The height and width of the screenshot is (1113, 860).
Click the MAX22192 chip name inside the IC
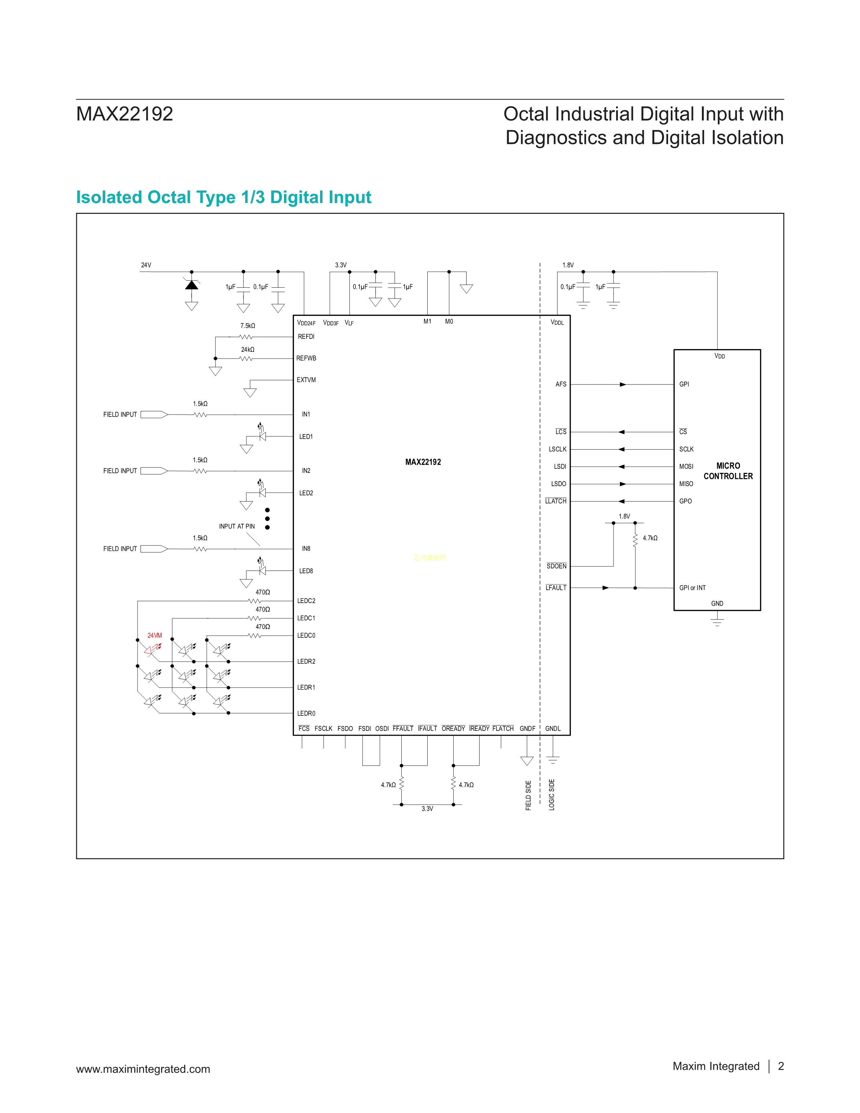423,462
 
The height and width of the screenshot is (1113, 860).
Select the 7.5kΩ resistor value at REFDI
248,326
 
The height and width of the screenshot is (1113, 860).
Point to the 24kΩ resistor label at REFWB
248,350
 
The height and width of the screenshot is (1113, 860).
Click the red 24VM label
154,635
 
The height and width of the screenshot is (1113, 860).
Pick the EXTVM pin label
306,380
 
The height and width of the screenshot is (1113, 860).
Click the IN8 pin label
306,549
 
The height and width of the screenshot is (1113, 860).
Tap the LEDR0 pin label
306,713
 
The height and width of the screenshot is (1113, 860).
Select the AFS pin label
561,384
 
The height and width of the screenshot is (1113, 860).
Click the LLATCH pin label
555,502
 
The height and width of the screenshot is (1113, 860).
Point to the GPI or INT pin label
692,588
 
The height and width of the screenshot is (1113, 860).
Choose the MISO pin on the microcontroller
686,484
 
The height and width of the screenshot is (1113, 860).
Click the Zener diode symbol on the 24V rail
192,285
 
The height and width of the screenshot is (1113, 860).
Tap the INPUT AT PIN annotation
237,526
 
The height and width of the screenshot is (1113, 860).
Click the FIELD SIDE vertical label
528,795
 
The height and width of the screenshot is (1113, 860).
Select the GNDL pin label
553,729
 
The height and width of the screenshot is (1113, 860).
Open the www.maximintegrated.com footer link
143,1069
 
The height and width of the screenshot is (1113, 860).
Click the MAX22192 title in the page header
125,114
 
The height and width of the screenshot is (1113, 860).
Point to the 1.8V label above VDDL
568,265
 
